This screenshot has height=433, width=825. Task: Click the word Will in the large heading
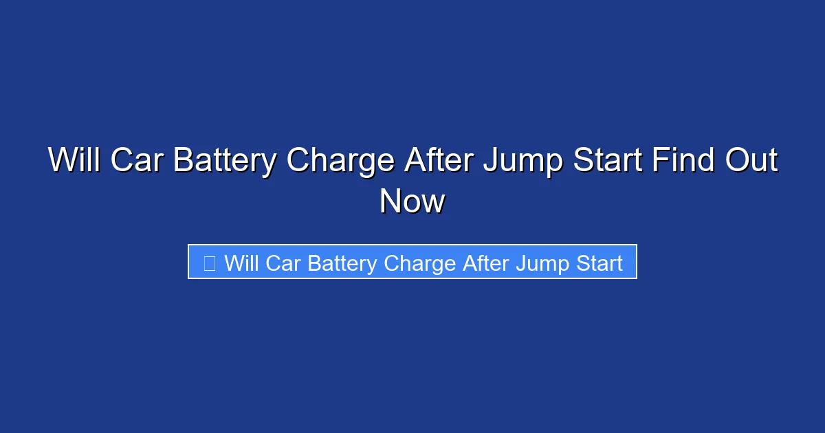point(74,161)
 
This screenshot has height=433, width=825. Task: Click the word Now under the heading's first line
point(412,202)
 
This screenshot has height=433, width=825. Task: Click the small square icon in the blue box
point(210,263)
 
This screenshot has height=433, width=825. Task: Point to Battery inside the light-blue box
point(342,263)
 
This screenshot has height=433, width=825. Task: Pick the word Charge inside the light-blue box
point(421,263)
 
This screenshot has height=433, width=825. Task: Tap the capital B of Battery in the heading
point(183,161)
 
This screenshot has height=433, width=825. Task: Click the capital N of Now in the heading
point(390,202)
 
